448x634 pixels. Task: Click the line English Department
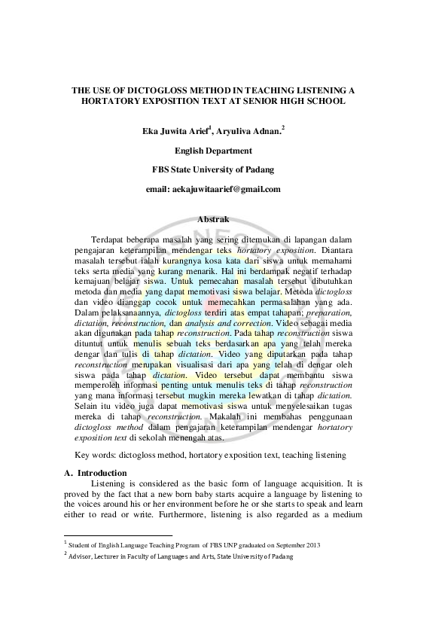[213, 151]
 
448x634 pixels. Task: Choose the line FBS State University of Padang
[213, 169]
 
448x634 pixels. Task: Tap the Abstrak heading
[213, 218]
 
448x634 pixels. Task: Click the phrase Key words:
[97, 455]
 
